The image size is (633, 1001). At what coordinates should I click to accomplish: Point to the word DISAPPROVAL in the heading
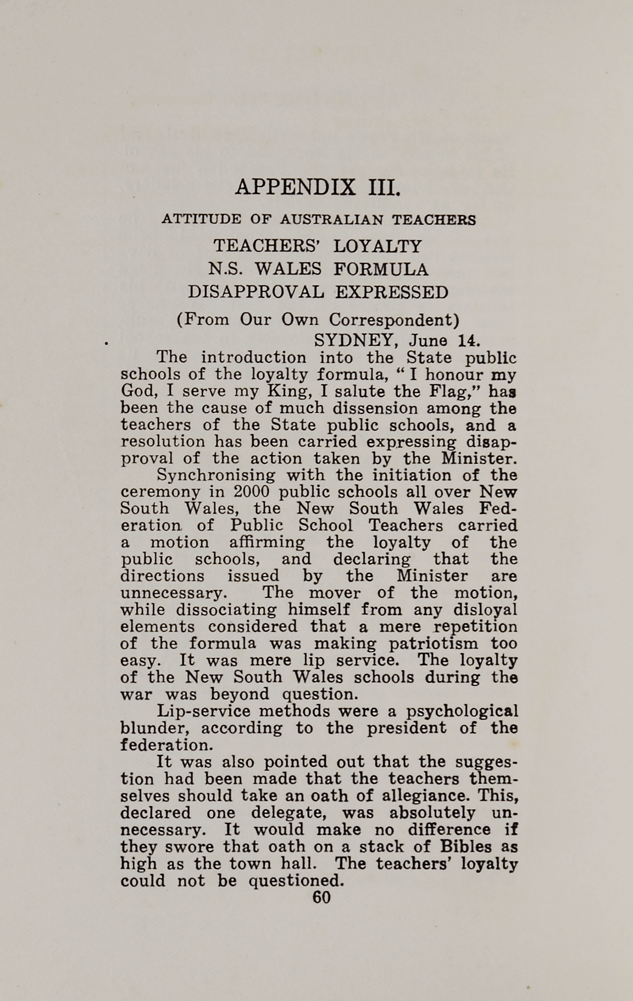point(256,292)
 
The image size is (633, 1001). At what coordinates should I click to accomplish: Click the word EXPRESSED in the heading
point(392,292)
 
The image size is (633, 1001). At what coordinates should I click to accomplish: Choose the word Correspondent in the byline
point(393,320)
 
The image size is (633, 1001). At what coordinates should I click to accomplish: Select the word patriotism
point(434,643)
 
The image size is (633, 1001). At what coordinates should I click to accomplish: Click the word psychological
point(461,711)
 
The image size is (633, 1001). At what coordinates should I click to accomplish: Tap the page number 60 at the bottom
point(321,898)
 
